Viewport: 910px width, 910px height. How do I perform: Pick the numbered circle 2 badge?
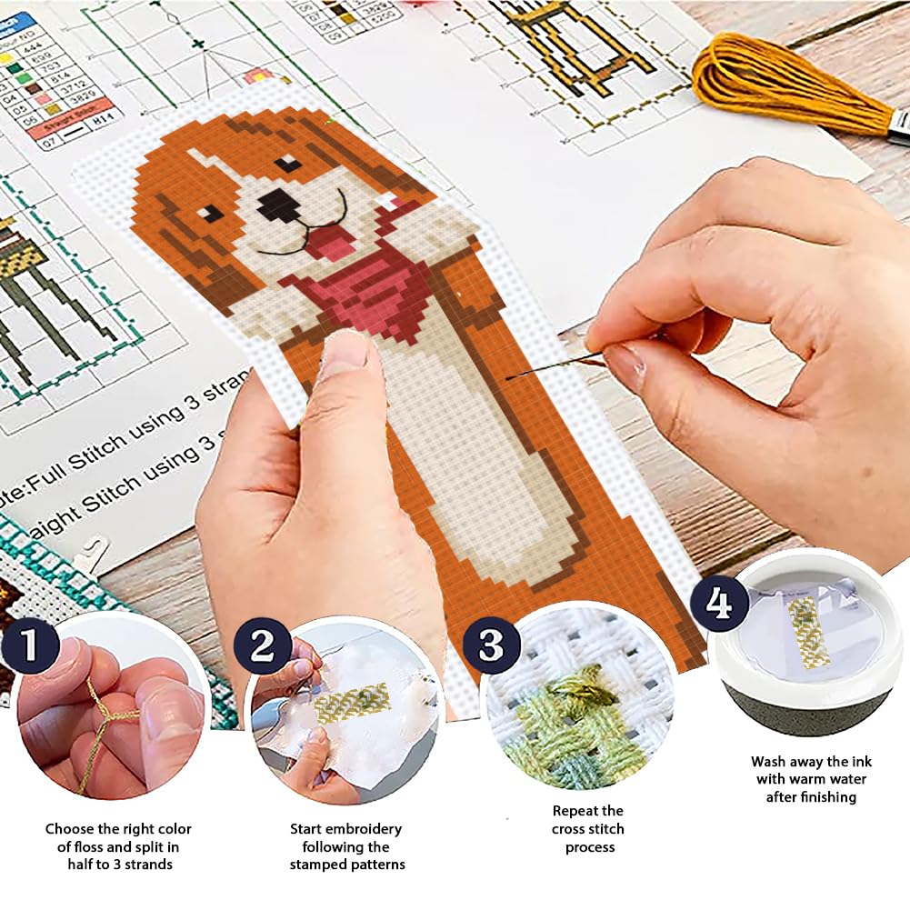263,646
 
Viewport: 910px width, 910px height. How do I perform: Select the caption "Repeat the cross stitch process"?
588,828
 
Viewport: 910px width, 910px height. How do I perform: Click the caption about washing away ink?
809,779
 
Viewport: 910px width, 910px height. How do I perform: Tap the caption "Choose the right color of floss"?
119,846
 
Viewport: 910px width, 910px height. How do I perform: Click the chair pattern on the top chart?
582,45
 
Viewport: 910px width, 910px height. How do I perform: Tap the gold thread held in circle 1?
100,727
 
